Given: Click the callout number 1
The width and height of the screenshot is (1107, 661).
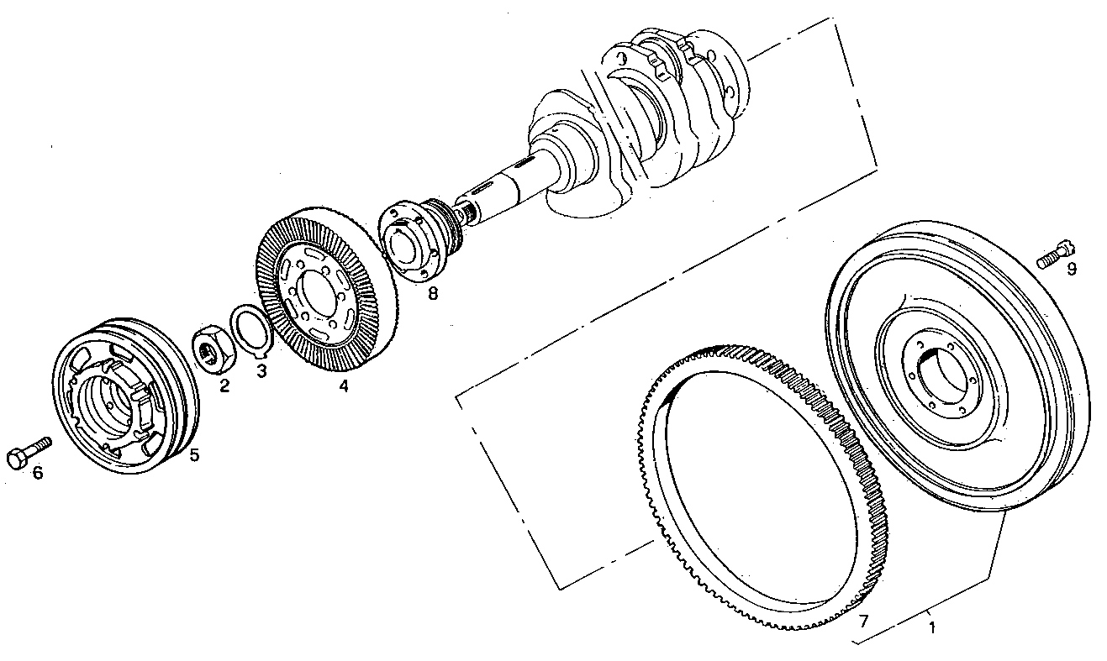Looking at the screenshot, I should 930,626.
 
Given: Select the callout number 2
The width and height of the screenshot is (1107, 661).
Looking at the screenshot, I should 224,386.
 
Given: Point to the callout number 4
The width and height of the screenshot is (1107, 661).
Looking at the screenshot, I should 343,386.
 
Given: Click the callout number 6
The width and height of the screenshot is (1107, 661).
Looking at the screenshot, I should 37,473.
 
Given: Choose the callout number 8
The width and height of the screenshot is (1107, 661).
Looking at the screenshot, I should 432,293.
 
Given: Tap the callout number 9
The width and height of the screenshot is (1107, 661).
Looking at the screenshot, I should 1071,269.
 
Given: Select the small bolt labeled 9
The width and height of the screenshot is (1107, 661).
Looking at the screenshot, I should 1055,254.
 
